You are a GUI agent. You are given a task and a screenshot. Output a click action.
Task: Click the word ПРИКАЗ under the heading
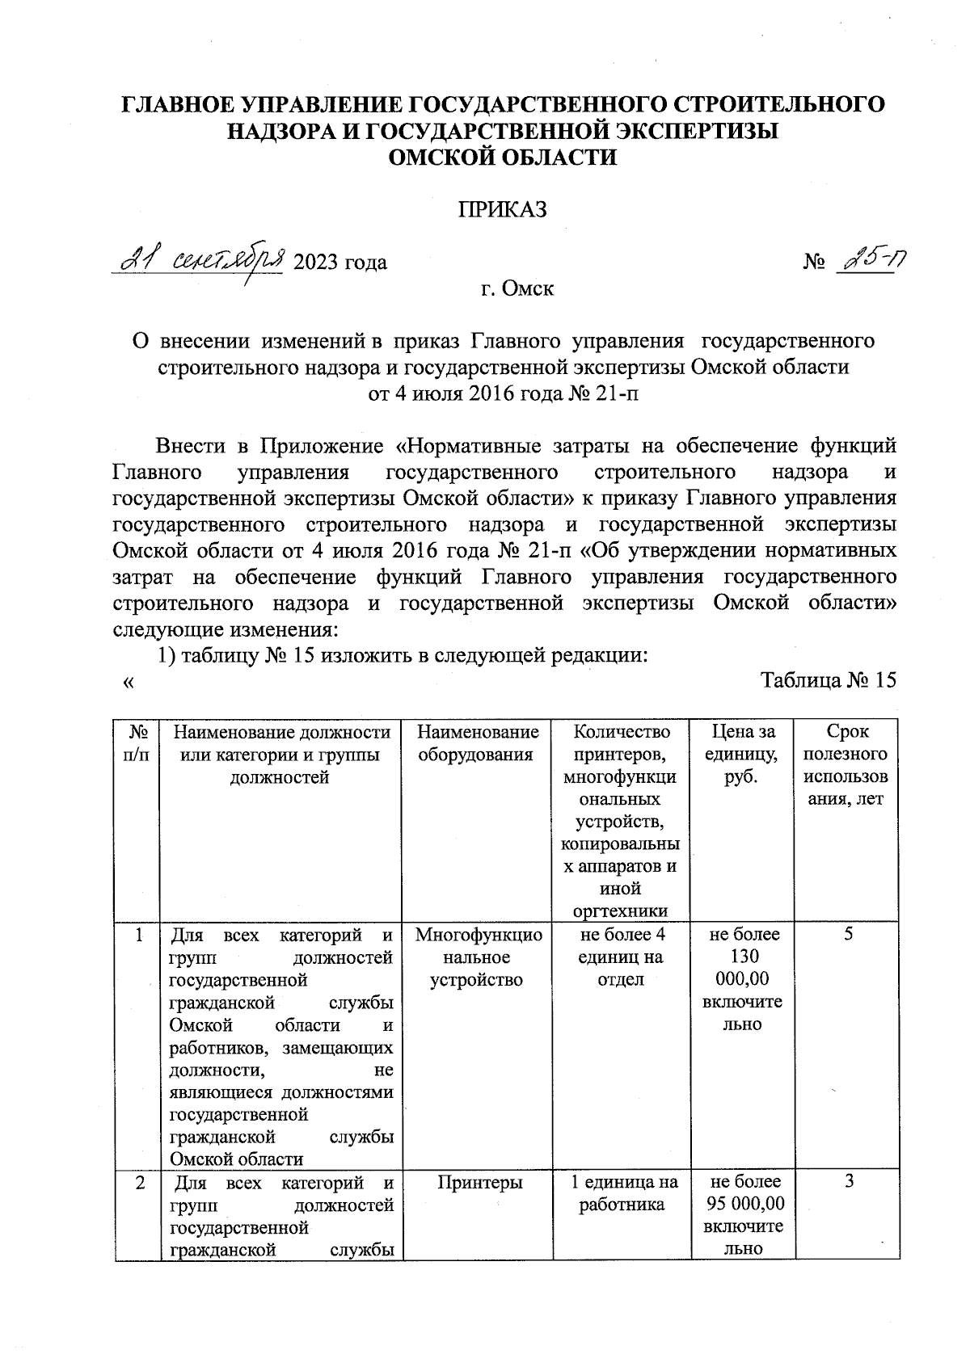pyautogui.click(x=503, y=210)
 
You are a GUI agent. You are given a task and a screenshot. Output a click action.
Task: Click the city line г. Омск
pyautogui.click(x=517, y=288)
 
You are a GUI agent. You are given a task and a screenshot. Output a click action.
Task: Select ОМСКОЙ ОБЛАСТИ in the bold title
pyautogui.click(x=502, y=158)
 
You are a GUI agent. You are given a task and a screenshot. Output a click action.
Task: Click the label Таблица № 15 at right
pyautogui.click(x=829, y=681)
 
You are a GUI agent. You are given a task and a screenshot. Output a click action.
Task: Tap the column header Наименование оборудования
pyautogui.click(x=477, y=743)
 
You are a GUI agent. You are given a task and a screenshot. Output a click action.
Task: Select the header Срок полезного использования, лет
pyautogui.click(x=846, y=765)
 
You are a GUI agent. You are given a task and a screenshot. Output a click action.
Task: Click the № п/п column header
pyautogui.click(x=138, y=742)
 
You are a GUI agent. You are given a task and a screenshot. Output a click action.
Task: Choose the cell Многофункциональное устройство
pyautogui.click(x=477, y=957)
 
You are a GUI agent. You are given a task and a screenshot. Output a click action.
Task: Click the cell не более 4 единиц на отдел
pyautogui.click(x=620, y=957)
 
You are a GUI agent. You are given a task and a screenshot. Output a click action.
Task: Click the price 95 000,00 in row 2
pyautogui.click(x=744, y=1205)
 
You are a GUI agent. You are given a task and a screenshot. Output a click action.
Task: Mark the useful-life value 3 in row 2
pyautogui.click(x=849, y=1183)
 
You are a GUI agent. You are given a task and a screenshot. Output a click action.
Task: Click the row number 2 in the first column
pyautogui.click(x=141, y=1183)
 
